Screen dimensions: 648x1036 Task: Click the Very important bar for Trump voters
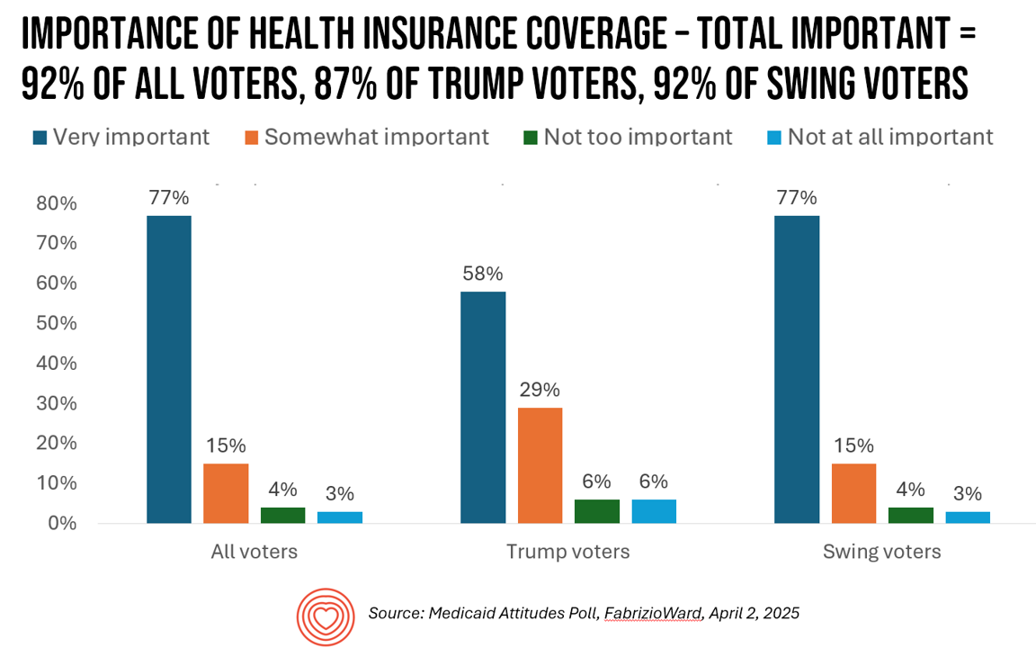coord(483,407)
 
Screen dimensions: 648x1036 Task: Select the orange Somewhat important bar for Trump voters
coord(540,464)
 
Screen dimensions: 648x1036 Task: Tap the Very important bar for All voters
coord(169,369)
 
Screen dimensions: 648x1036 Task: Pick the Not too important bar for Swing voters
coord(911,515)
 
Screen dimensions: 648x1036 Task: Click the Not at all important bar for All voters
coord(340,517)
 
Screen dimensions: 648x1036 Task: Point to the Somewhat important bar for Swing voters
coord(853,492)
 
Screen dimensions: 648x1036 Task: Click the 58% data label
coord(483,274)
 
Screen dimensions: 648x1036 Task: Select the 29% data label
coord(540,390)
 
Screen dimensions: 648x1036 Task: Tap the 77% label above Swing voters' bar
coord(796,198)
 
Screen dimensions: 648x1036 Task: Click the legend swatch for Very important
coord(40,137)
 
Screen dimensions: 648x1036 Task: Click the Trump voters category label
coord(567,552)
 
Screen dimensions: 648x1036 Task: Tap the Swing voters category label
coord(881,552)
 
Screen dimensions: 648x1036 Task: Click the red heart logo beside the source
coord(322,614)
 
